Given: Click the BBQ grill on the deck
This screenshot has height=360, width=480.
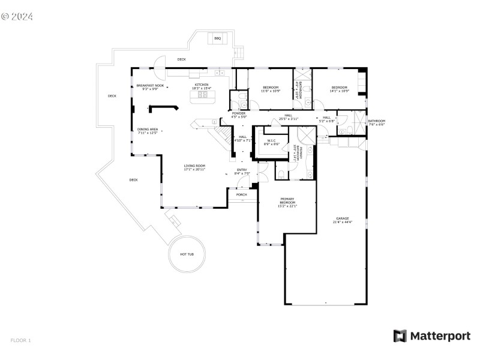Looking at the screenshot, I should [217, 38].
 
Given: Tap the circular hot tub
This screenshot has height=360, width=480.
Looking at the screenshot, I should [187, 254].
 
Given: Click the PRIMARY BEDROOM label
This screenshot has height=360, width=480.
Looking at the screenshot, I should [288, 202].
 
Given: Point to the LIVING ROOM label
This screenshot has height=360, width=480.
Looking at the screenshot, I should [194, 167].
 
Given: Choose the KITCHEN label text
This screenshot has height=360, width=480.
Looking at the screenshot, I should [201, 86].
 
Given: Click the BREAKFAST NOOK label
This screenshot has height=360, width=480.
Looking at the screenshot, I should [150, 87].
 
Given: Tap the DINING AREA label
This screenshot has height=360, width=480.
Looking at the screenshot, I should [147, 131].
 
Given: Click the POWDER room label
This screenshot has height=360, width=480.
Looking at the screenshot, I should [238, 115].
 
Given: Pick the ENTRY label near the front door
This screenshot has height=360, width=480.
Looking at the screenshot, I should [241, 172].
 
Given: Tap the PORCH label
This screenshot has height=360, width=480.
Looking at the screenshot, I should [241, 194].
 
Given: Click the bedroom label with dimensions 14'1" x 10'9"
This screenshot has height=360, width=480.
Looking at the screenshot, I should [340, 89].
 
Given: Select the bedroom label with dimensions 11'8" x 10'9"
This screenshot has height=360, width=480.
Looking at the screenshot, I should [271, 89].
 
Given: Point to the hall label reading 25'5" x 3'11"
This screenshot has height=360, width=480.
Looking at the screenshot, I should [288, 117].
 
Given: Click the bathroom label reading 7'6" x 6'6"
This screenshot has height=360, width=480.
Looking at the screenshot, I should [376, 122].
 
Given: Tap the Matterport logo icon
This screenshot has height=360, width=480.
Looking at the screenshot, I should [400, 336].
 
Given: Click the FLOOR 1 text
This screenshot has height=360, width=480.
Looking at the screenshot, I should [20, 340].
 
